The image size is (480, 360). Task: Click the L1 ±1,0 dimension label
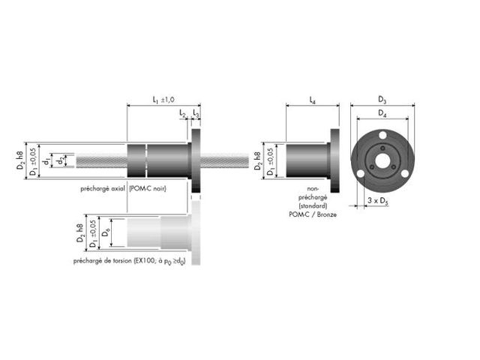[163, 99]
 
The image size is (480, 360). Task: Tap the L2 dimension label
[182, 113]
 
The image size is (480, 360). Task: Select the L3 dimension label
[196, 113]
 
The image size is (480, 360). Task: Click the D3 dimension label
[382, 99]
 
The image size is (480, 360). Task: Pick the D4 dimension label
[382, 113]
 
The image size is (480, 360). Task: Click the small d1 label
[46, 160]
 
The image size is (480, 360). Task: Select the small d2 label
[61, 160]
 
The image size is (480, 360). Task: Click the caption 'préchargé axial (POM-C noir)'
[124, 189]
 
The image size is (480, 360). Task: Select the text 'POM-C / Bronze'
[313, 214]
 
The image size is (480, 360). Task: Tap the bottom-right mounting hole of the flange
[403, 173]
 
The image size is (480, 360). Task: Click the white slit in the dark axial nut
[147, 160]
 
